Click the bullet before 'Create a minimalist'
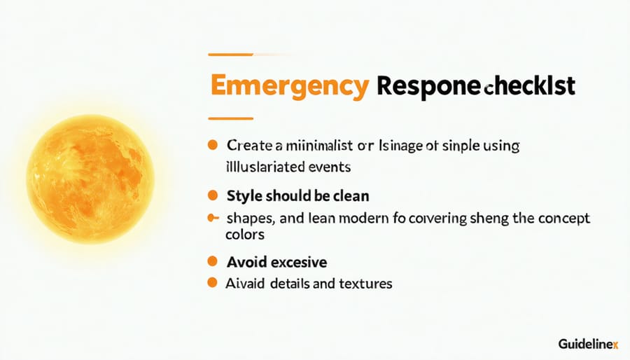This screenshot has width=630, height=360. click(x=212, y=146)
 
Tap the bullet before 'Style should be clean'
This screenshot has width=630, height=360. click(x=212, y=195)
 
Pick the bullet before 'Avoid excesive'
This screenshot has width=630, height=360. click(x=212, y=262)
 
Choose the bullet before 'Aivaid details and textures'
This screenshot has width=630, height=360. click(x=212, y=283)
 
